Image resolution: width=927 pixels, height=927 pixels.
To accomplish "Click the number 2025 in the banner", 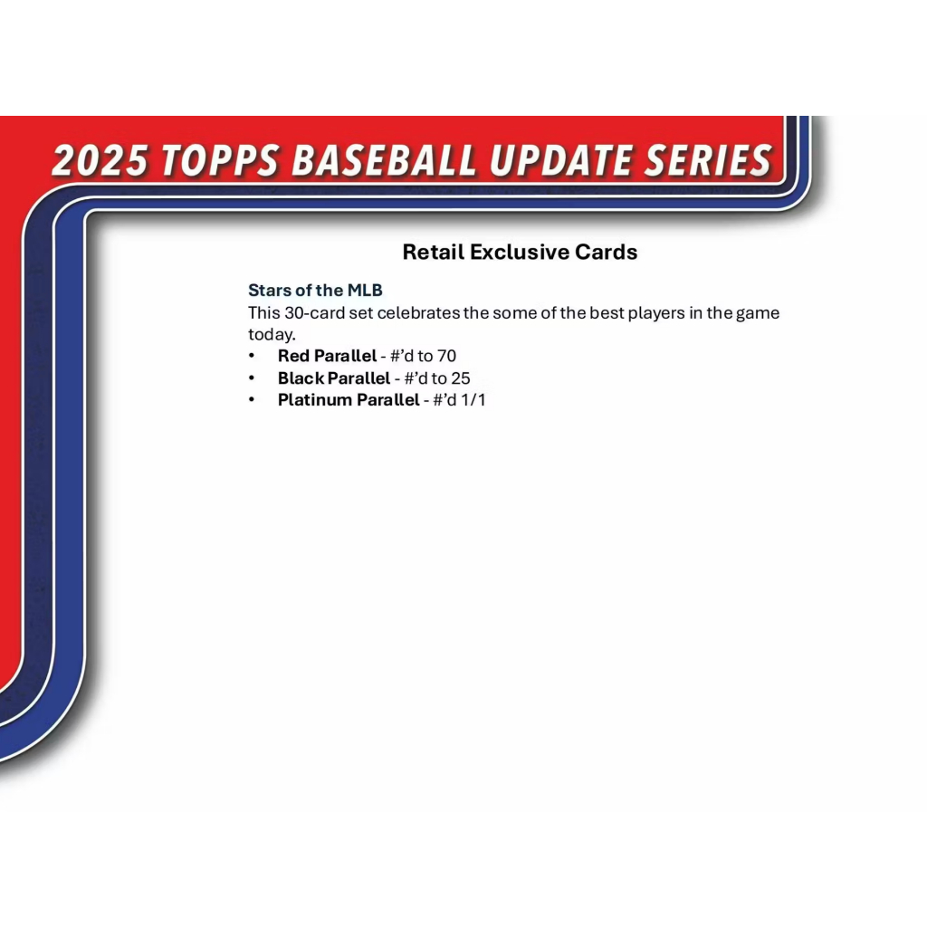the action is tap(100, 160).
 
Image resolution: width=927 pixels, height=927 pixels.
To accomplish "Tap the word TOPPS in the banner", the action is tap(220, 160).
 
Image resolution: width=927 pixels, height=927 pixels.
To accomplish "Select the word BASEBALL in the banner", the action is tap(384, 160).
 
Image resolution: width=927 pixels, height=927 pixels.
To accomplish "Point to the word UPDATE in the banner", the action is tap(560, 160).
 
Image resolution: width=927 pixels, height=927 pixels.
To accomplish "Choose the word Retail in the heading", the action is tap(434, 253).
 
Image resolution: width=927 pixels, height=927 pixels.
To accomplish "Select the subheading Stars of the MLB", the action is tap(315, 291).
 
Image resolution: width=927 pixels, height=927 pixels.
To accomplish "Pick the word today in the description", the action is tap(270, 335).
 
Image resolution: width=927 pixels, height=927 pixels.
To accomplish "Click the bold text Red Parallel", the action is tap(327, 356).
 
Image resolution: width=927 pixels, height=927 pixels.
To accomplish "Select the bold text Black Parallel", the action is tap(334, 378).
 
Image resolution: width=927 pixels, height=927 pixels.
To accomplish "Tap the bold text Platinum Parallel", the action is tap(349, 400).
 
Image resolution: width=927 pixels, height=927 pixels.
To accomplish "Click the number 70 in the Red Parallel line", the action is tap(446, 356).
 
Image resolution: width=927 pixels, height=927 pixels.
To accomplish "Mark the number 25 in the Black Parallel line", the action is tap(461, 378).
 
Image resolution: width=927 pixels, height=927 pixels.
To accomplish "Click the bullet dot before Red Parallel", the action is tap(252, 356).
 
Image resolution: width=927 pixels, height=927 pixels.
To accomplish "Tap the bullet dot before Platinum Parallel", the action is tap(252, 400).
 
